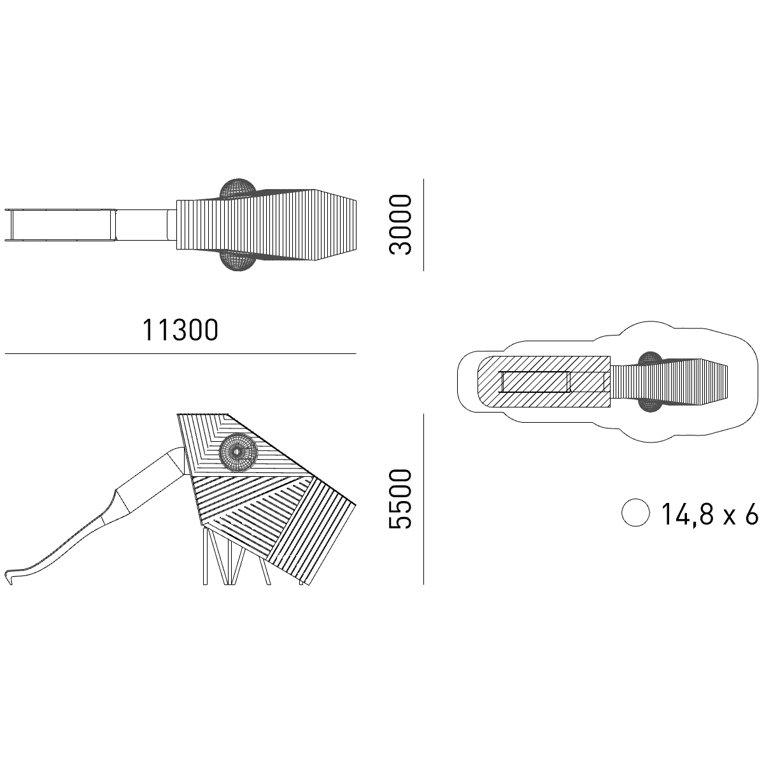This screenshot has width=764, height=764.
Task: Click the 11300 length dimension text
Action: (180, 330)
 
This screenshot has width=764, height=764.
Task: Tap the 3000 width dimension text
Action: (400, 224)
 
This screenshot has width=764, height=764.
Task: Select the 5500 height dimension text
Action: (400, 499)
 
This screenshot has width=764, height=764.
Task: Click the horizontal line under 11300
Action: (180, 353)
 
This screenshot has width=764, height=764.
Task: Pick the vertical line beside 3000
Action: (423, 225)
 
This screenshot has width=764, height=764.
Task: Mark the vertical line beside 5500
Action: (423, 499)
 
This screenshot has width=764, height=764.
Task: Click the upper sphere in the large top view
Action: (237, 188)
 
